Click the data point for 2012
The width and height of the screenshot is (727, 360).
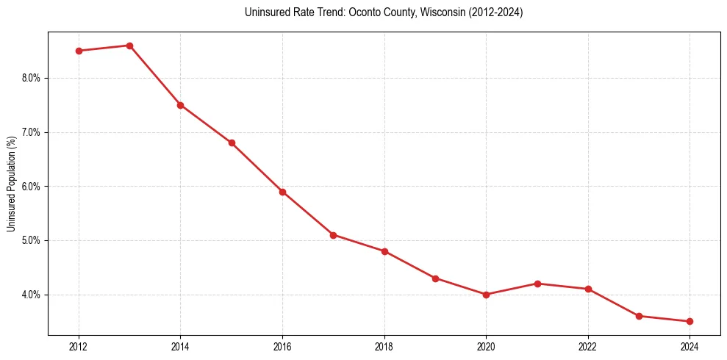tap(79, 51)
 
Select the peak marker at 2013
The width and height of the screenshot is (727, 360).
tap(129, 46)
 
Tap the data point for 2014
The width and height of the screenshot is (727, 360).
tap(180, 105)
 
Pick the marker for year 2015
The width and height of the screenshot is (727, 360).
tap(232, 143)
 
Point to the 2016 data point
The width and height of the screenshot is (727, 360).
tap(282, 192)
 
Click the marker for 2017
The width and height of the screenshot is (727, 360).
tap(333, 235)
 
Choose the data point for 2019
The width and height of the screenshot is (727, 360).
tap(435, 278)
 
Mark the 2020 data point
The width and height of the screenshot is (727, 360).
tap(486, 295)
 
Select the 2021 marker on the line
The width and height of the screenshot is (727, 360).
tap(537, 284)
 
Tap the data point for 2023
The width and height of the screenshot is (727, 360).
tap(639, 316)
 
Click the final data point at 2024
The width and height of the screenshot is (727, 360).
tap(690, 321)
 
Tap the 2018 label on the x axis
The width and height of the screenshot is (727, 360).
tap(384, 345)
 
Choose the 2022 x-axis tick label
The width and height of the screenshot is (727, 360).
tap(588, 345)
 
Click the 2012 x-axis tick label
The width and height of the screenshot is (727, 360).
tap(79, 345)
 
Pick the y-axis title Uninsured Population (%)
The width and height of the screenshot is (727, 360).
tap(12, 184)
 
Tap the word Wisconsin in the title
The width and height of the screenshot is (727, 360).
tap(421, 12)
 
